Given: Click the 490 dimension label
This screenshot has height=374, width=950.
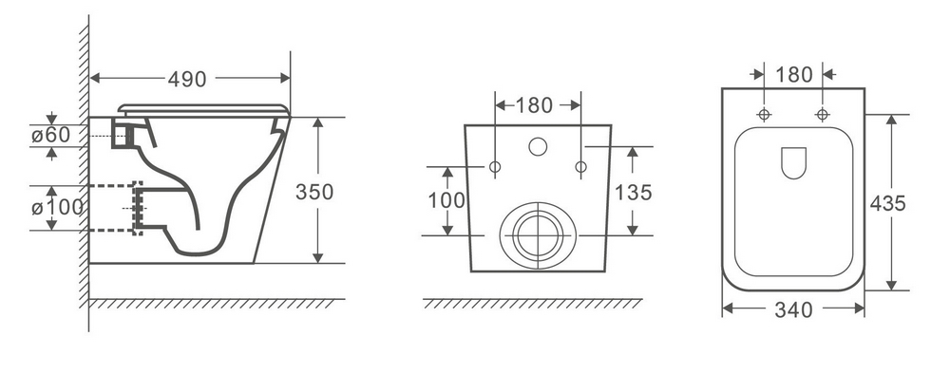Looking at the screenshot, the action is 187,80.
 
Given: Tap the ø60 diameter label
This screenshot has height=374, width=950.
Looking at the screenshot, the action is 51,135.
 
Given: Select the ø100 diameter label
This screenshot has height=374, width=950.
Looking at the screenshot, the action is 58,208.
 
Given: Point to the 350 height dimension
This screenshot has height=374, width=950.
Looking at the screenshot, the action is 314,191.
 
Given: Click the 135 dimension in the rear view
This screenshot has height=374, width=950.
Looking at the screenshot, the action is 633,193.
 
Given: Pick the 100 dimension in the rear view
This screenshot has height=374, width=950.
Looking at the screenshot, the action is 446,199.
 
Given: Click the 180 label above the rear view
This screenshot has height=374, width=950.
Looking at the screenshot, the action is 534,105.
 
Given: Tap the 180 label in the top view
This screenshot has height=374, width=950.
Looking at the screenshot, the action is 793,74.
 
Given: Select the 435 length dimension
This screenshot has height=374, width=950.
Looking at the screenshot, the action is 887,203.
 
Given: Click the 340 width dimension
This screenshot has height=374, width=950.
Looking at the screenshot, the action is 793,309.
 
